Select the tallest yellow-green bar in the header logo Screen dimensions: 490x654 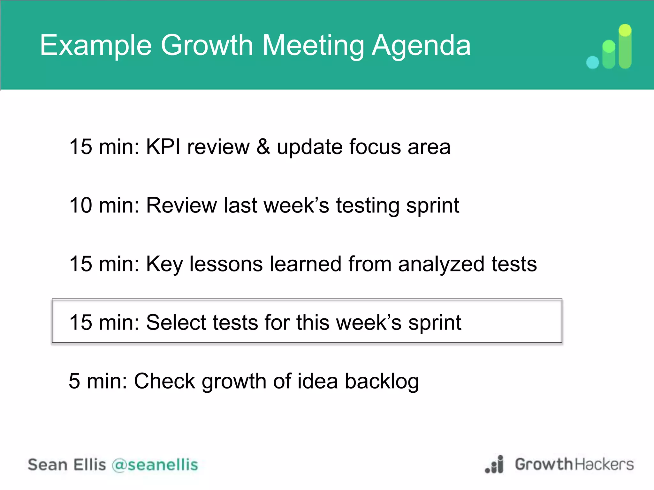point(625,46)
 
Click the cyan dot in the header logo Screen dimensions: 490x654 point(593,62)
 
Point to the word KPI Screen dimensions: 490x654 point(163,147)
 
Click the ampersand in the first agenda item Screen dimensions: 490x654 point(263,147)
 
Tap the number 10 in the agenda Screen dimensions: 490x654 point(80,205)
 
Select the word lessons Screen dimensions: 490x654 point(226,264)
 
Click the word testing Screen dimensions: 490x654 point(368,206)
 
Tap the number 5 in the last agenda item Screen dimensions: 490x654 point(74,381)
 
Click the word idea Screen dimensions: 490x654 point(317,381)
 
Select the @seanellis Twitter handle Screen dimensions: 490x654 point(155,465)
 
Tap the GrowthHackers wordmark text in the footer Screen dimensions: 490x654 point(574,464)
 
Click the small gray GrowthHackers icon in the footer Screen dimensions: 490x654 point(495,465)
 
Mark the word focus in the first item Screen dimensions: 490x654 point(375,147)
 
